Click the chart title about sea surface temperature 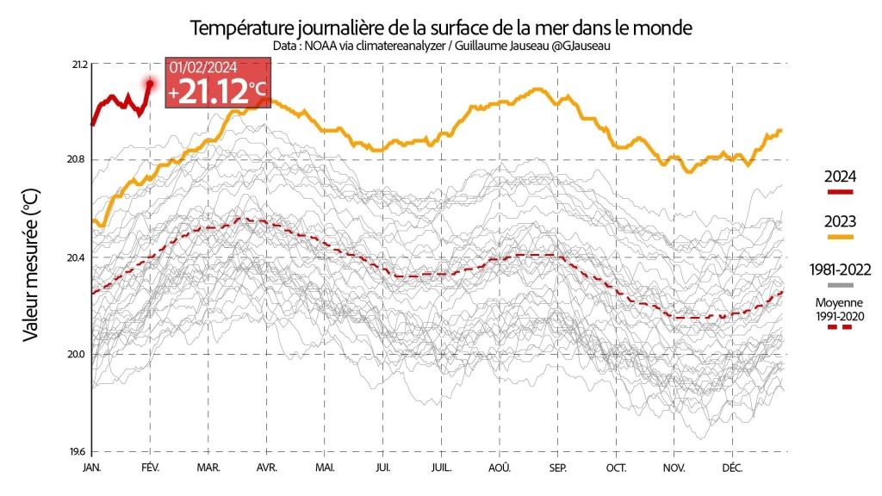[441, 27]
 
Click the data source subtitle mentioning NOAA [441, 45]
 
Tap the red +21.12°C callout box [218, 84]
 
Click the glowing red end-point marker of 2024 [150, 84]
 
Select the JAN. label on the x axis [92, 468]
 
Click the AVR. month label [266, 468]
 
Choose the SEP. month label [557, 468]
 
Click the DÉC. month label [732, 468]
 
